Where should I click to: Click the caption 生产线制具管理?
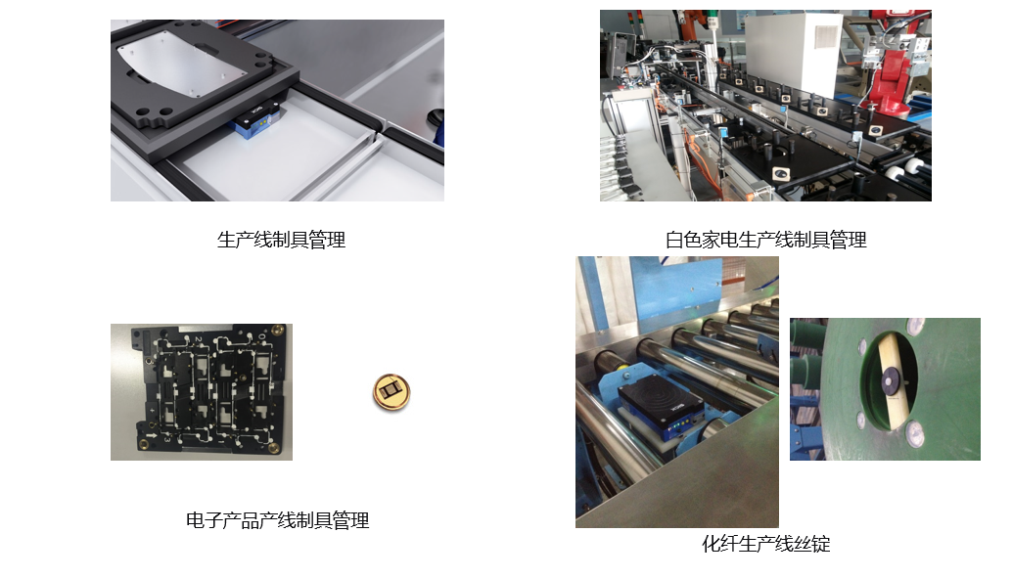click(x=281, y=240)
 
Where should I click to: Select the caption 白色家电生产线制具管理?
click(x=765, y=240)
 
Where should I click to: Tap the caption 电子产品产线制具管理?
click(x=278, y=520)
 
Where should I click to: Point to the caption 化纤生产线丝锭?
click(x=766, y=544)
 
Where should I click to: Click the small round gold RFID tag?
click(x=391, y=392)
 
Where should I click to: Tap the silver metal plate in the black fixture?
click(x=183, y=65)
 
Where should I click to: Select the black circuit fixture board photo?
click(x=202, y=391)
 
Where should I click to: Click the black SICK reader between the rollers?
click(x=659, y=401)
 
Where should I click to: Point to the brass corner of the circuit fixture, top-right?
click(x=279, y=331)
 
